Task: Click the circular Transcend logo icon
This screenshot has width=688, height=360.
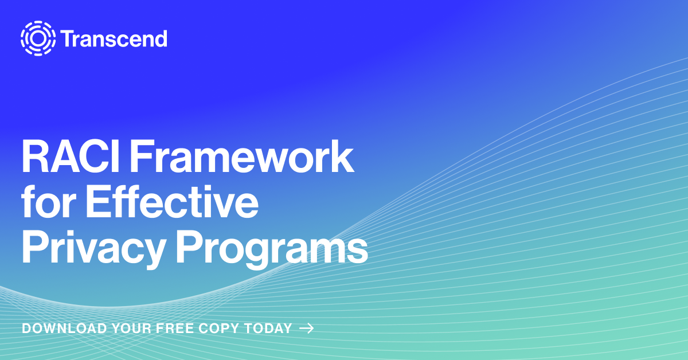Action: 38,38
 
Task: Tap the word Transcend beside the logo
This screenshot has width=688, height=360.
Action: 114,39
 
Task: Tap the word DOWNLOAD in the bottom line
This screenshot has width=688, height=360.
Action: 64,328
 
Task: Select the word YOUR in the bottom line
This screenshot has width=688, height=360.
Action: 132,328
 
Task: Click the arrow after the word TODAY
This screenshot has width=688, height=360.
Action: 307,328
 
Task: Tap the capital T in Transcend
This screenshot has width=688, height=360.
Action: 67,39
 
